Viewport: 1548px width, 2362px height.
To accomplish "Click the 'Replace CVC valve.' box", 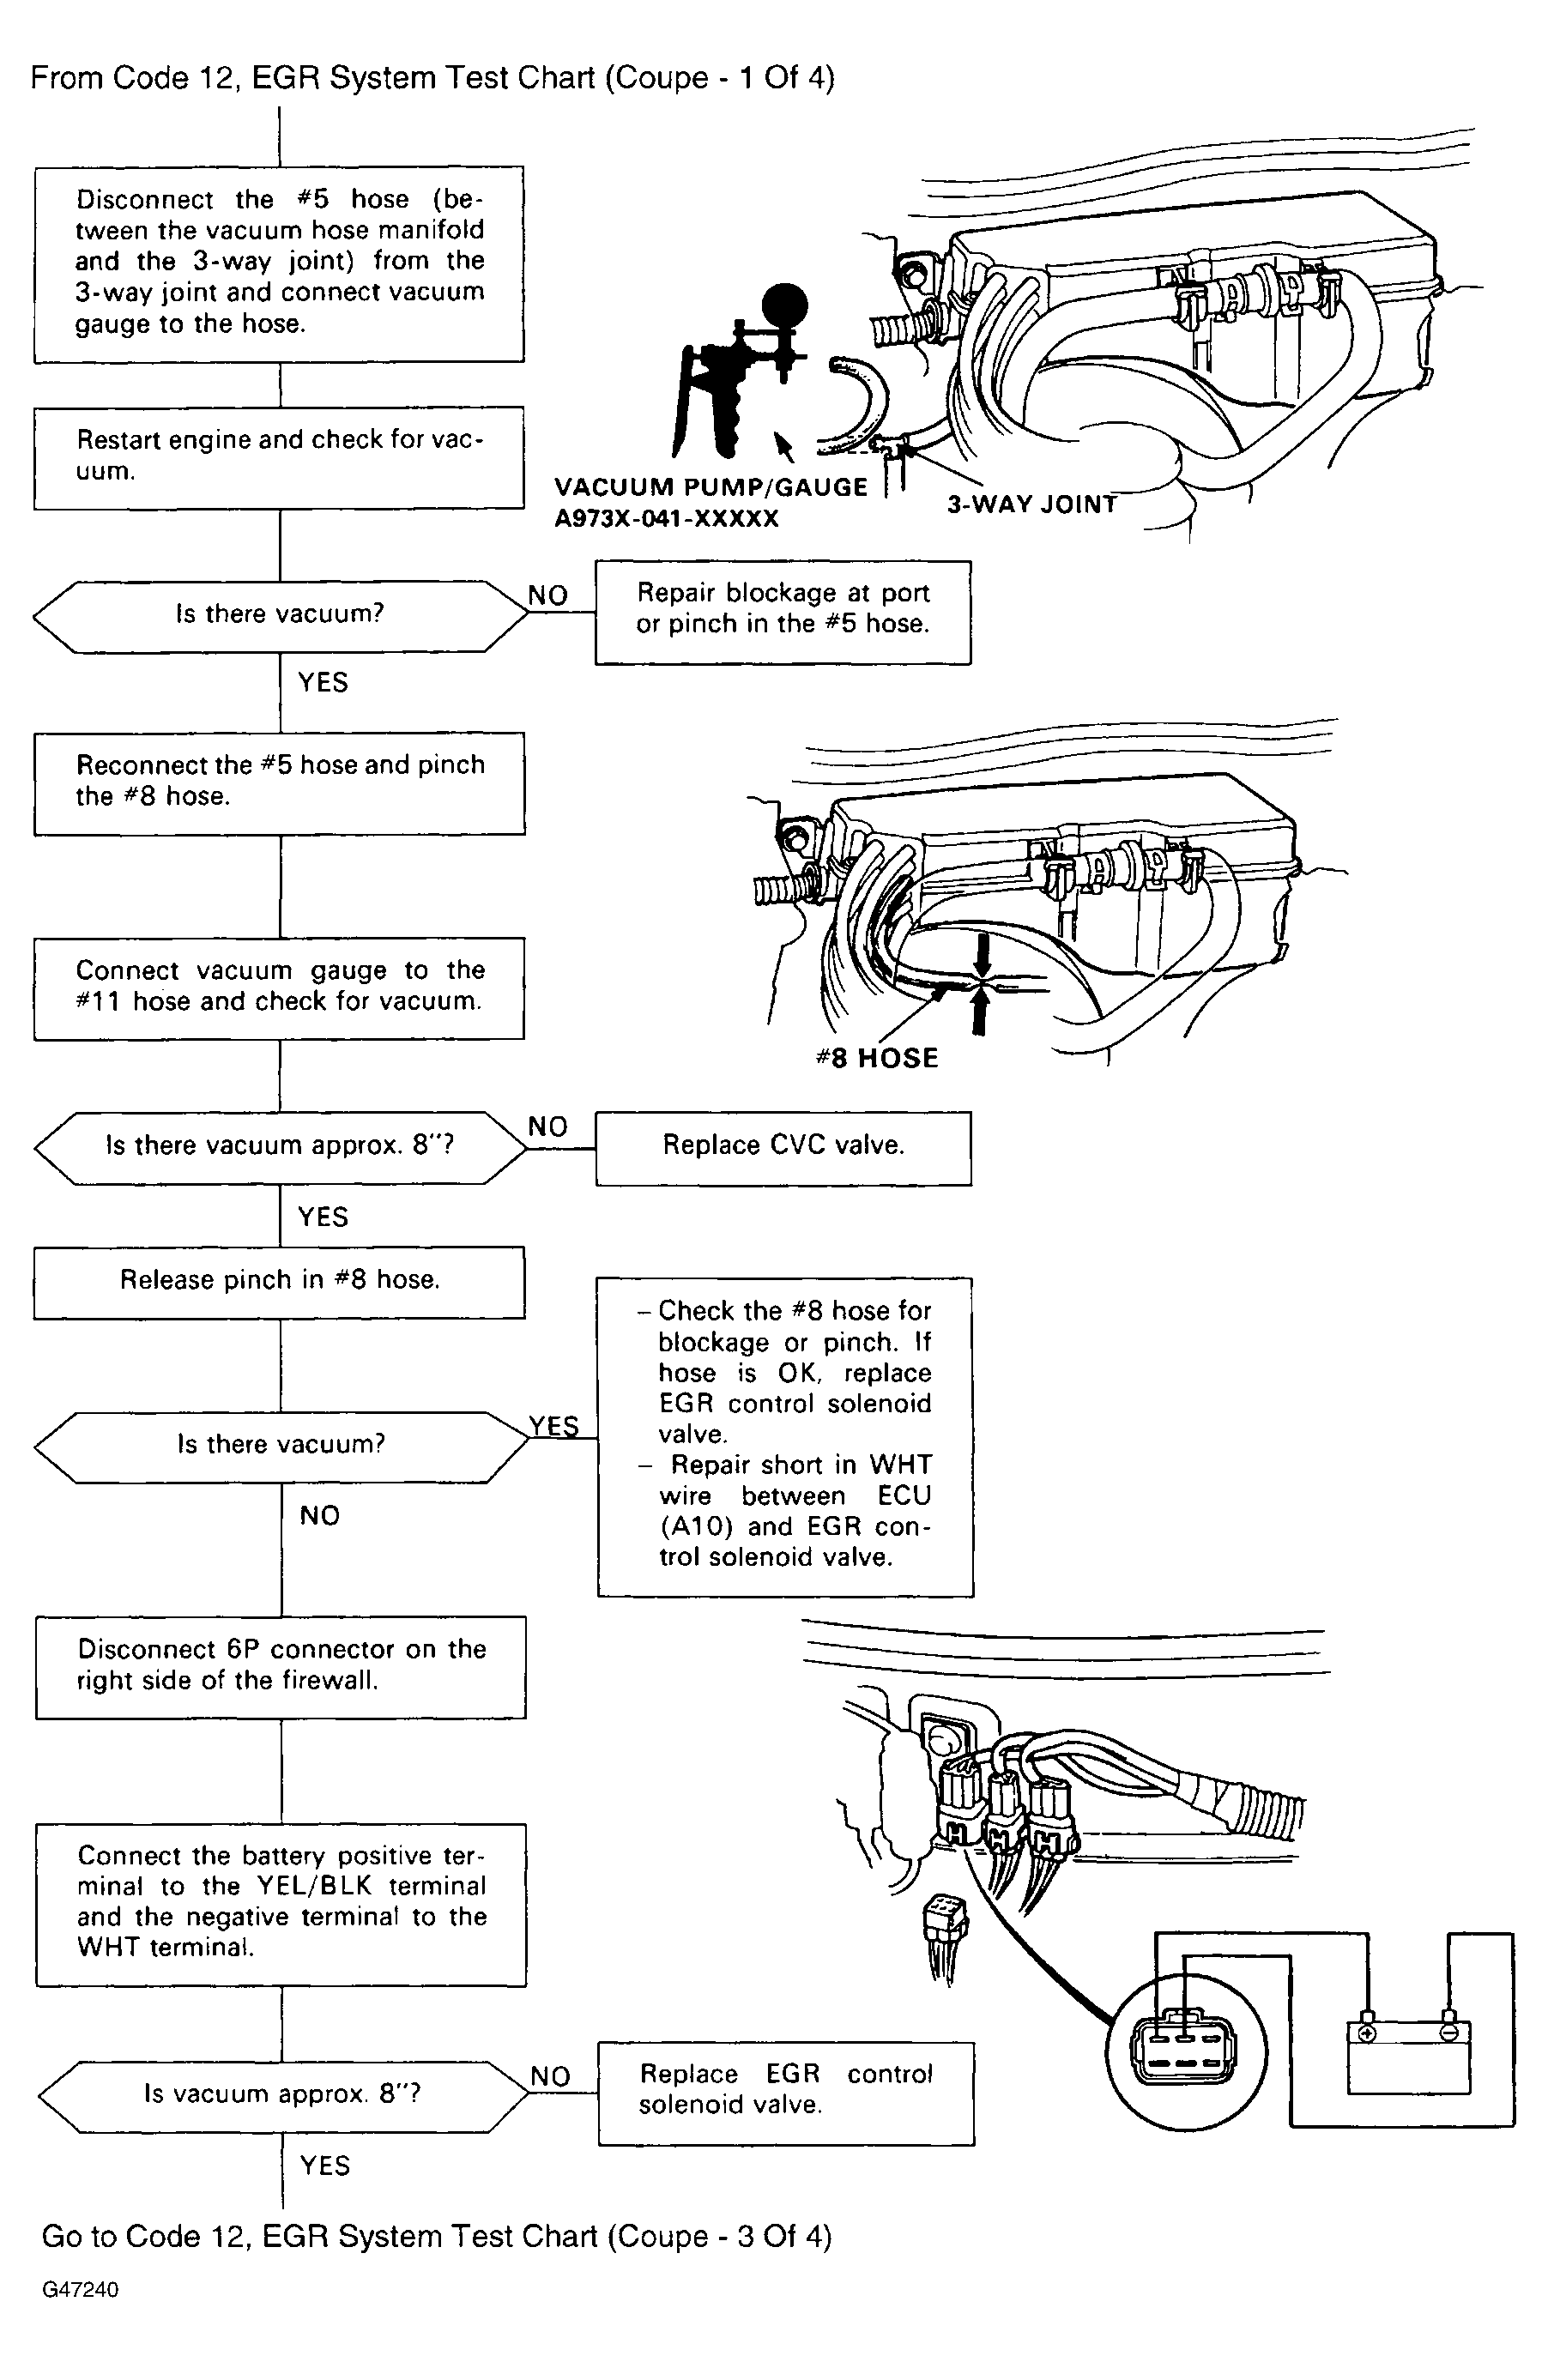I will (x=783, y=1147).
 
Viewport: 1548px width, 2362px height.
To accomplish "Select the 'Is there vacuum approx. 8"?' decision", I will (x=280, y=1146).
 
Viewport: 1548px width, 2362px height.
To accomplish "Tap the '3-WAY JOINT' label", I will (x=1032, y=504).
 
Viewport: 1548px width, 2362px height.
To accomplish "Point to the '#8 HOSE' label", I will (x=877, y=1058).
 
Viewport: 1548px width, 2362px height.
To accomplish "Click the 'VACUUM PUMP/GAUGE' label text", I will (x=711, y=487).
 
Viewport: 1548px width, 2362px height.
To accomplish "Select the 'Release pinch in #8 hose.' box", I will (x=280, y=1281).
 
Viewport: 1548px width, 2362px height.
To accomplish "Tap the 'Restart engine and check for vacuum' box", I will (x=279, y=456).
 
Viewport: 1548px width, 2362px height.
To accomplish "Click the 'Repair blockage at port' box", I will (x=783, y=612).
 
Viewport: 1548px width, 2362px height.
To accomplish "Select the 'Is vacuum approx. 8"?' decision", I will (x=283, y=2095).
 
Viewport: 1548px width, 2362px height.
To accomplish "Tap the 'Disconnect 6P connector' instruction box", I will (x=281, y=1666).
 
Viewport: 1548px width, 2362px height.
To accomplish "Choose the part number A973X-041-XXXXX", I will (x=666, y=519).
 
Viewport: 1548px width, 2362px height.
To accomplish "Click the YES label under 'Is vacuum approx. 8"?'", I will (x=324, y=2165).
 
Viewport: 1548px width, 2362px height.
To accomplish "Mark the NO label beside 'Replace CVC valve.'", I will (x=547, y=1127).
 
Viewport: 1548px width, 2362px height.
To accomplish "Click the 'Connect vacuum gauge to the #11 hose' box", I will (x=279, y=988).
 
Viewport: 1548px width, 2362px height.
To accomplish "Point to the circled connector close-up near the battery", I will (x=1186, y=2051).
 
